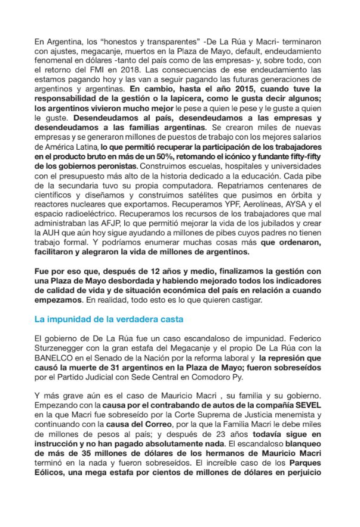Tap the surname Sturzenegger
click(x=60, y=348)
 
